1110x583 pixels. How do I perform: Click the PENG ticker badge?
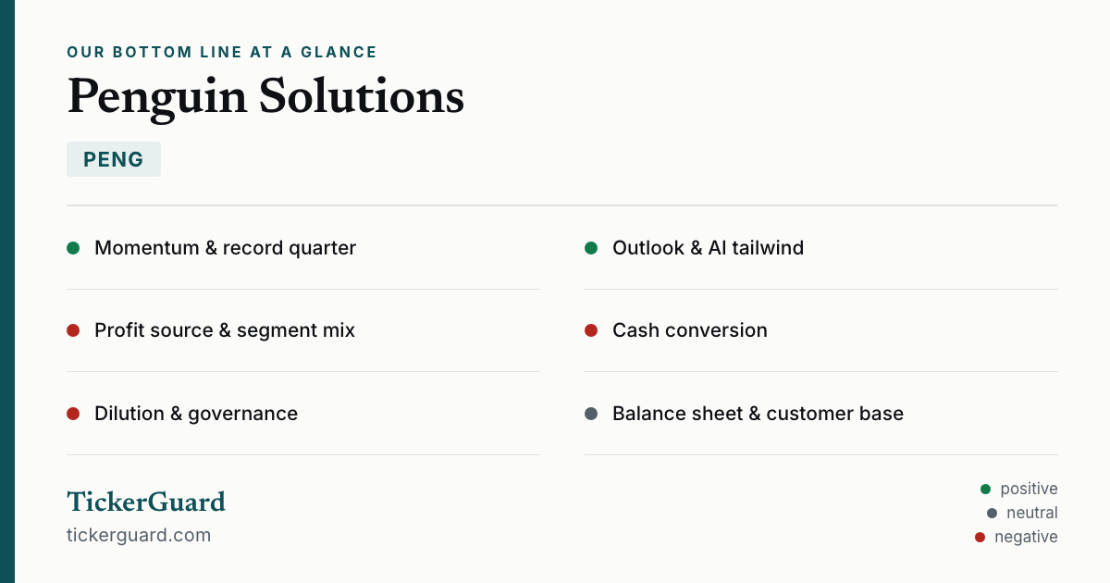114,159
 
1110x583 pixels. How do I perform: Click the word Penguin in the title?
156,98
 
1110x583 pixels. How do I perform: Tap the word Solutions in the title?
362,95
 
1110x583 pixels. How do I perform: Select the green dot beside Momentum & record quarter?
73,248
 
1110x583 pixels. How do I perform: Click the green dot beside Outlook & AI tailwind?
591,248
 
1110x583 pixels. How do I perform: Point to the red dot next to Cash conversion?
591,330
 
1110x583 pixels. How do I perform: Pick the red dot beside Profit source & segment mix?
73,330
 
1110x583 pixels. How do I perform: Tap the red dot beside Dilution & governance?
73,414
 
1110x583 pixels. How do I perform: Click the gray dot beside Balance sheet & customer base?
591,414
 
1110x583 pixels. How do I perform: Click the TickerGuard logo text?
146,502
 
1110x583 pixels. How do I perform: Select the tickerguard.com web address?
139,536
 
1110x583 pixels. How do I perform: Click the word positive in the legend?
1029,490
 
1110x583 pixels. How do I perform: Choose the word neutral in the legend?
1032,513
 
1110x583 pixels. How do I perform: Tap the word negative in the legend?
1026,537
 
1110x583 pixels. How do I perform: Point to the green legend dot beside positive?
986,490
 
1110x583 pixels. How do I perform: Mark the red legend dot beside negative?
980,537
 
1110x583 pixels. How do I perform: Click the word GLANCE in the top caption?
339,52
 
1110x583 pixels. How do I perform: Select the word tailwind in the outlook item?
768,248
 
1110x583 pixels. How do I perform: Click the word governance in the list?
242,415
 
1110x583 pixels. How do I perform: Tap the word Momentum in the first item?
147,248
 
